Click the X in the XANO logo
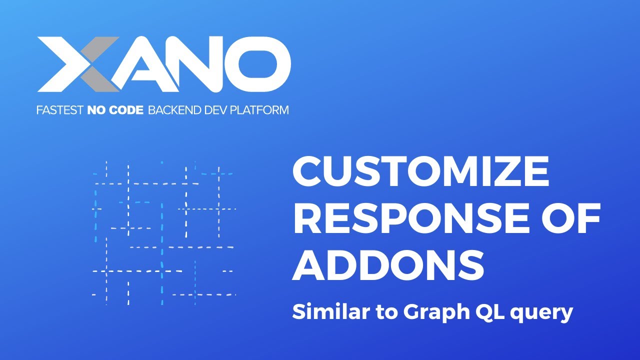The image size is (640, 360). tap(77, 64)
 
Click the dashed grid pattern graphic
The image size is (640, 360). tap(163, 233)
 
